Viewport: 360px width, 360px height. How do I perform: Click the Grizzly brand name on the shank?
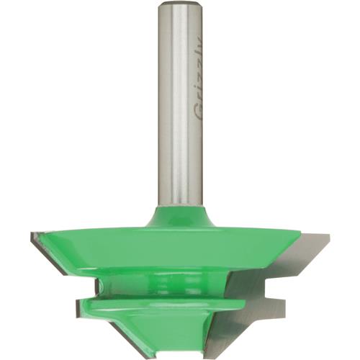point(199,86)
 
